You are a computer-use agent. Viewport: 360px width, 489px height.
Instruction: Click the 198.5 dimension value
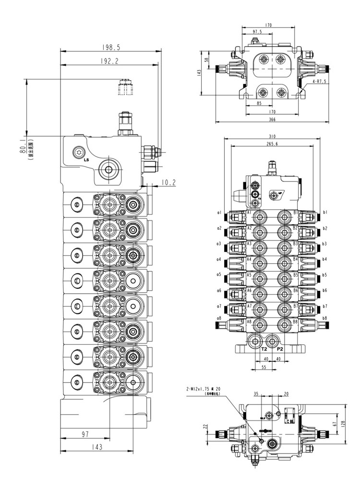pyautogui.click(x=110, y=48)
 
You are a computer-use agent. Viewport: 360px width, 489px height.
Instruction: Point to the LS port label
pyautogui.click(x=86, y=159)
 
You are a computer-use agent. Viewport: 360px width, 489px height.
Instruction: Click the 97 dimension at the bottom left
pyautogui.click(x=84, y=434)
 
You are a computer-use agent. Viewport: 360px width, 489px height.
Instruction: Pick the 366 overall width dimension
pyautogui.click(x=272, y=119)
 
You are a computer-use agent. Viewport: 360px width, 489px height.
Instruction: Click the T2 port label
pyautogui.click(x=264, y=349)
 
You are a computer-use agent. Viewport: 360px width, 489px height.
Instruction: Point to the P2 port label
pyautogui.click(x=280, y=349)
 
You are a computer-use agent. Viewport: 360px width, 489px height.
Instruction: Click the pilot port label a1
pyautogui.click(x=219, y=212)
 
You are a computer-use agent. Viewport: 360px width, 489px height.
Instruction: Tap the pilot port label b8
pyautogui.click(x=325, y=318)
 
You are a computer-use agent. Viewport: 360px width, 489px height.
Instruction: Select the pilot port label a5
pyautogui.click(x=219, y=275)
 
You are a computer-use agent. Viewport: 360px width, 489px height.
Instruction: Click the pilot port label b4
pyautogui.click(x=325, y=259)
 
